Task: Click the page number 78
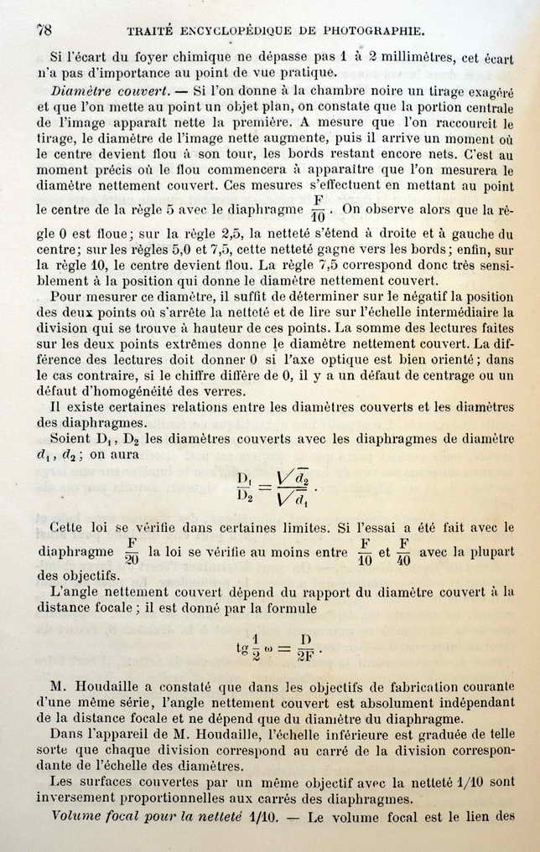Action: click(x=44, y=29)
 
